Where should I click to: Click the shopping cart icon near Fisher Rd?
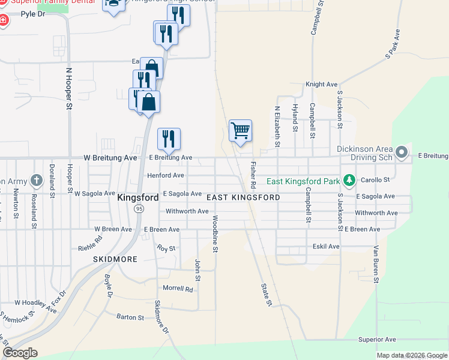pyautogui.click(x=240, y=130)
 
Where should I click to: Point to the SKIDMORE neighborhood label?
pyautogui.click(x=115, y=259)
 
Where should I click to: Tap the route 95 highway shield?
pyautogui.click(x=139, y=208)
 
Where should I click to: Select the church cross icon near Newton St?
pyautogui.click(x=37, y=180)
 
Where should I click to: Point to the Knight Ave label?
pyautogui.click(x=322, y=85)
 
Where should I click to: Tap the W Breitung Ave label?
pyautogui.click(x=110, y=157)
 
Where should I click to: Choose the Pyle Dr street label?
pyautogui.click(x=32, y=13)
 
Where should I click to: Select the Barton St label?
pyautogui.click(x=130, y=317)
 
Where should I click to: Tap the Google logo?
pyautogui.click(x=20, y=353)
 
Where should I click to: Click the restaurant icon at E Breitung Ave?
pyautogui.click(x=169, y=139)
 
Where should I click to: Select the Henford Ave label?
pyautogui.click(x=166, y=175)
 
